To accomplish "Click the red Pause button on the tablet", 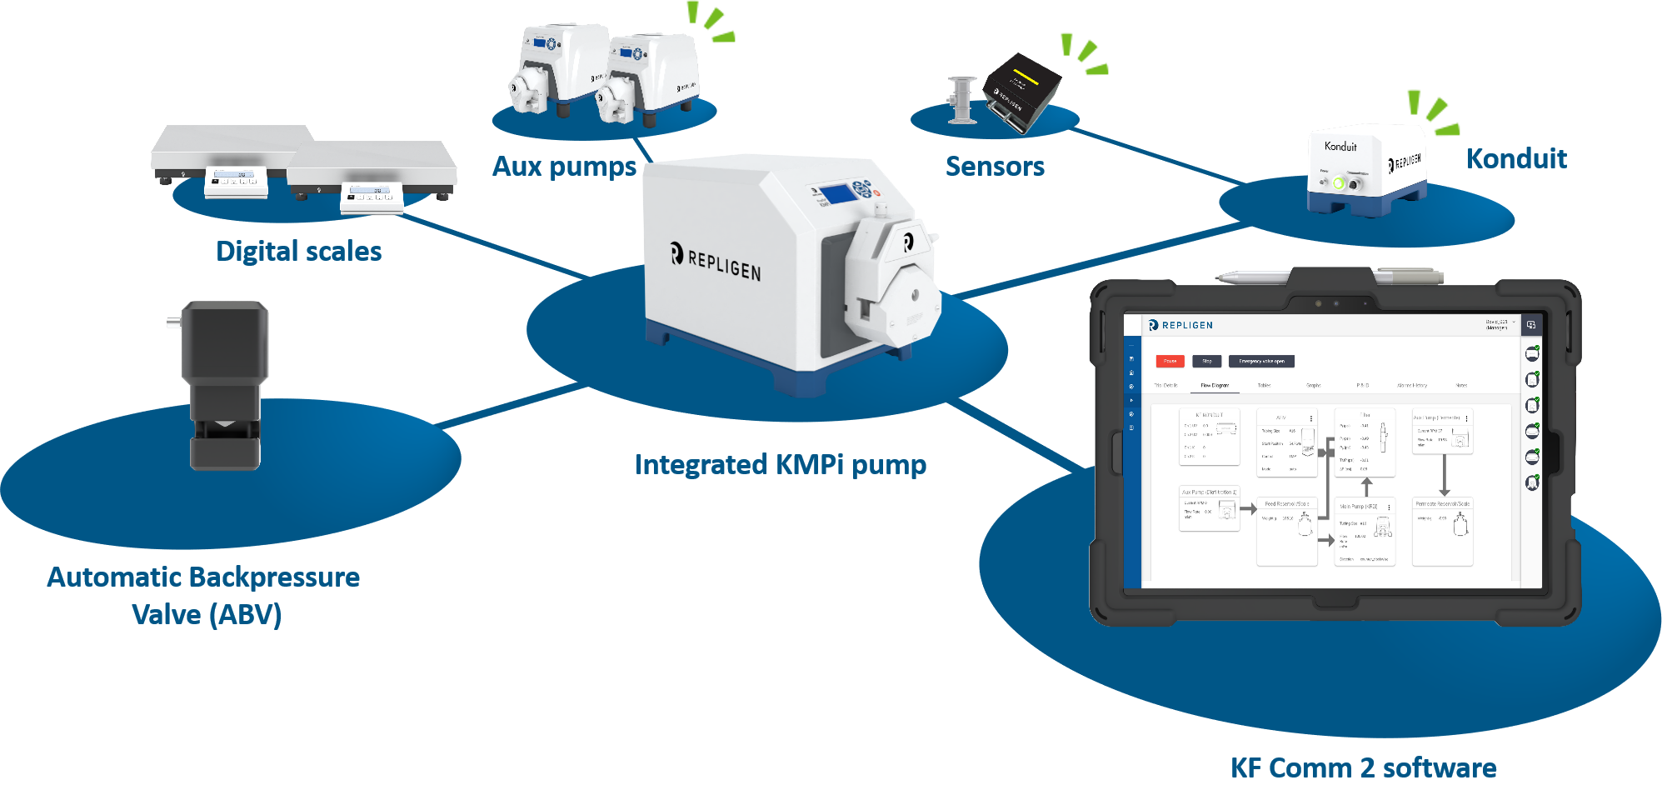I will click(1170, 361).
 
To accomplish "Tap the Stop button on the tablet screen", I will click(1206, 361).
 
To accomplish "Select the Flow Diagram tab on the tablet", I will click(1215, 385).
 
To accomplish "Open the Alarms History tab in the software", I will click(1412, 385).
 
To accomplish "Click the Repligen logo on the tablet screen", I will click(1181, 325).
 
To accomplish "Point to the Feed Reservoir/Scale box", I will click(1286, 525).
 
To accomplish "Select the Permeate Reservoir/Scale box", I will click(1442, 525).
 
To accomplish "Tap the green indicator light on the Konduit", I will click(1339, 183).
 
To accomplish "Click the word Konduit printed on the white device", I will click(1340, 147).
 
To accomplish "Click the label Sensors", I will click(995, 167).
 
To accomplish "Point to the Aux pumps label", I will click(564, 167).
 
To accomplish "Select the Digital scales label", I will click(298, 252).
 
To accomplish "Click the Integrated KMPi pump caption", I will click(780, 465).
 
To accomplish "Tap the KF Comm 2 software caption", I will click(1363, 768).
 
